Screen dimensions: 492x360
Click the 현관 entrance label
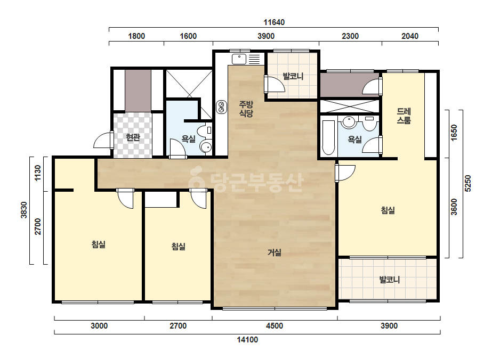133,137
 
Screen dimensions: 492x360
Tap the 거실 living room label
274,252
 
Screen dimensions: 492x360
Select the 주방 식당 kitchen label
246,109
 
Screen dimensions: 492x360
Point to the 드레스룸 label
404,116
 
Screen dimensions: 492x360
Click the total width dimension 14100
247,340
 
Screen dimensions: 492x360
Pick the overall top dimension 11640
274,22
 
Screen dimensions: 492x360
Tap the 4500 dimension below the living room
275,326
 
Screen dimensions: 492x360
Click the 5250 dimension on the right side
467,183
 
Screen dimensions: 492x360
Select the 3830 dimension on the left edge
24,210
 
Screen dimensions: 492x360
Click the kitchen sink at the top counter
239,59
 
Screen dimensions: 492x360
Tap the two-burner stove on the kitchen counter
222,107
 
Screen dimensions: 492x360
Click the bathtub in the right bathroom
328,137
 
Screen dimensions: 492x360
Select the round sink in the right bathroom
349,122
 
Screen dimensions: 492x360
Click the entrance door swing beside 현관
103,141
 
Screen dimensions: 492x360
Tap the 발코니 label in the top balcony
293,76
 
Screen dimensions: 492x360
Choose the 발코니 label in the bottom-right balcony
390,280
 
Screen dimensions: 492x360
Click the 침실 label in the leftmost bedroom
99,244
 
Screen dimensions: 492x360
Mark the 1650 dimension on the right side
454,133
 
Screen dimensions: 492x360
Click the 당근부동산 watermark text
246,181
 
